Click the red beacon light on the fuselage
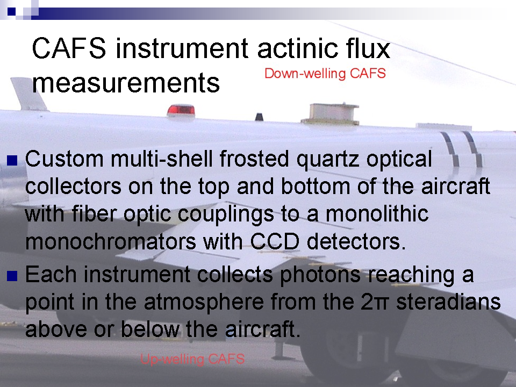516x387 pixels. coord(181,110)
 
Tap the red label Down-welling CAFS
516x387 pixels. coord(325,74)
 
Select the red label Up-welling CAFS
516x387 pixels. coord(192,359)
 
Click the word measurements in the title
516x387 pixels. coord(126,83)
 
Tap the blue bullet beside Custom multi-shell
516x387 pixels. coord(12,161)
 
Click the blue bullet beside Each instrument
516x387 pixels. coord(12,276)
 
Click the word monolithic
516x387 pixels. coord(377,213)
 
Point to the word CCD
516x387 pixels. coord(275,241)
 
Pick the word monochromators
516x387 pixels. coord(111,241)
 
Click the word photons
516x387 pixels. coord(320,275)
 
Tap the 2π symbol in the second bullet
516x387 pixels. coord(375,302)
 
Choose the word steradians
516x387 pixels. coord(448,302)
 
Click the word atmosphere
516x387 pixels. coord(204,302)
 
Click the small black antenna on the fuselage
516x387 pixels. coord(259,117)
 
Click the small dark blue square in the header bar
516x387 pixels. coord(11,11)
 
